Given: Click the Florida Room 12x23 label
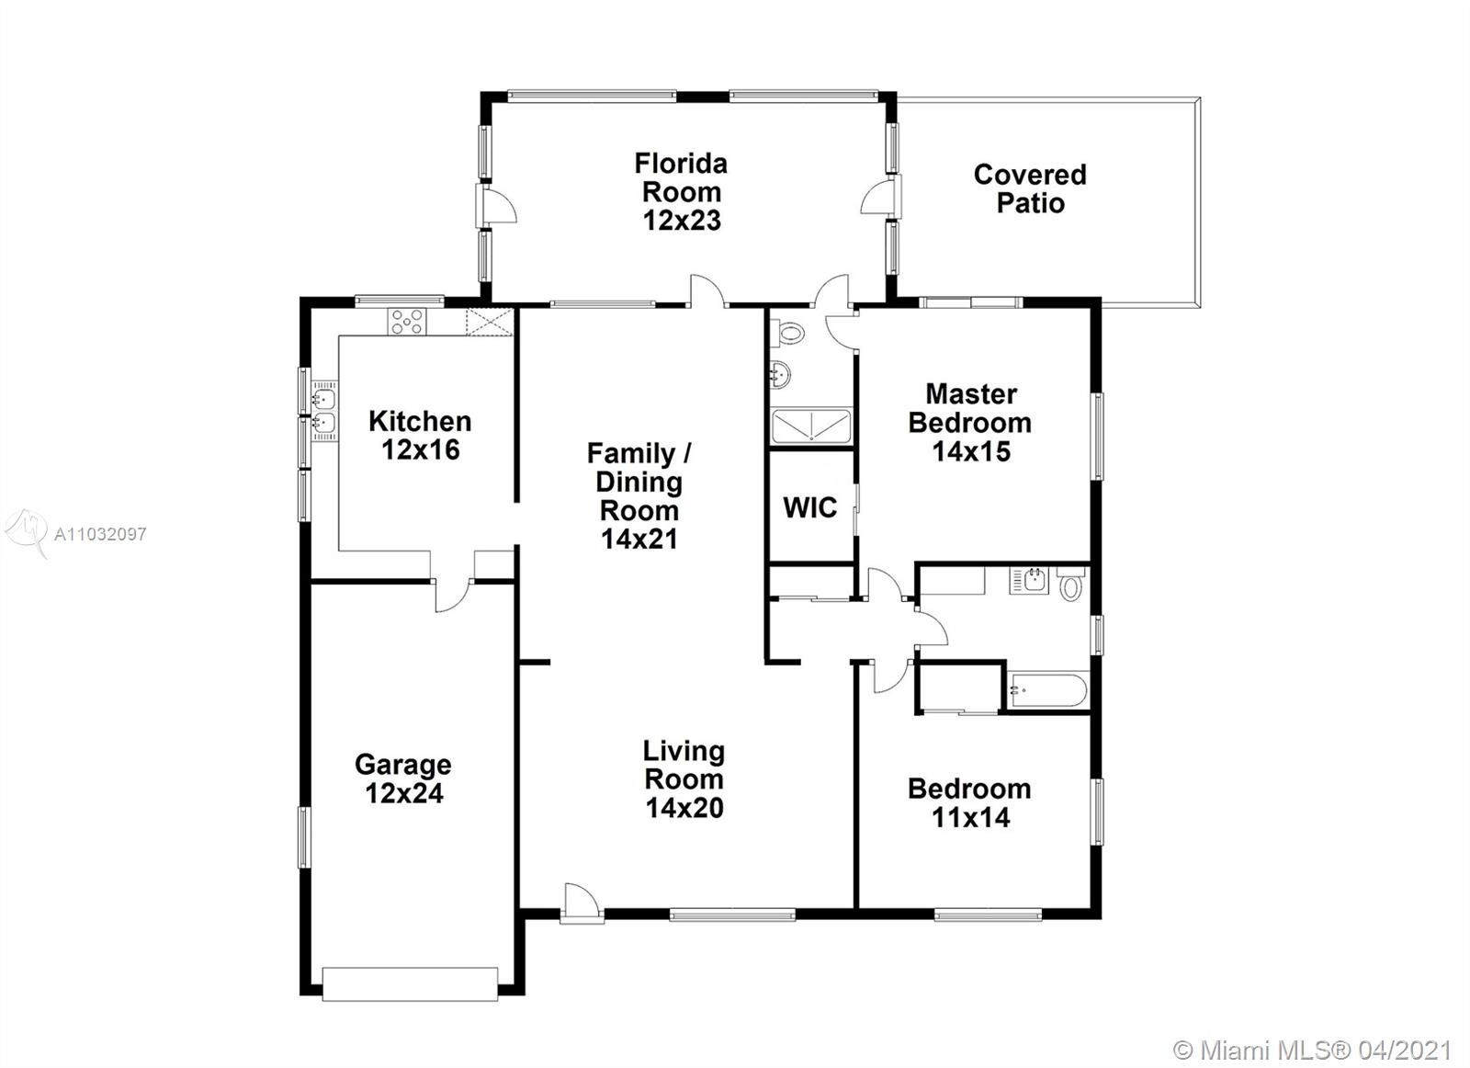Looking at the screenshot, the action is pos(681,192).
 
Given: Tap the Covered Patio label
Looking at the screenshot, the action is pos(1030,188).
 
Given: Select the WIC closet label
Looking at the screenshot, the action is pos(809,507).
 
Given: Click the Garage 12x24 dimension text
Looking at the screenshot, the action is pos(404,793).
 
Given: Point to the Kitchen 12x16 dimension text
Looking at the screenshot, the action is pos(421,449).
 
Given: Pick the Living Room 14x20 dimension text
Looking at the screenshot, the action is pos(684,807).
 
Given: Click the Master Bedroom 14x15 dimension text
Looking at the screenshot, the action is pos(971,451).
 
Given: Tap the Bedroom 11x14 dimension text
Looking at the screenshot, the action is pos(970,817).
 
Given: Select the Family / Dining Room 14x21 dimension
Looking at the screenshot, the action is pos(639,539).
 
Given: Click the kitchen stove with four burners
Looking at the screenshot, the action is pos(407,322).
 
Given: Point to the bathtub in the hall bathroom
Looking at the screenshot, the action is pos(1048,690).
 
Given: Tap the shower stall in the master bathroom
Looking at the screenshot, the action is pos(811,426).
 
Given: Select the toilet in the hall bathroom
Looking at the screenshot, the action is pos(1071,585).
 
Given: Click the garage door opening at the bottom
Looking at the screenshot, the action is pos(410,984).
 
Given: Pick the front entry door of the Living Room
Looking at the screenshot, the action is pos(582,904).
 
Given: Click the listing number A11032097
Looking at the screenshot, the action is pos(100,534).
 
